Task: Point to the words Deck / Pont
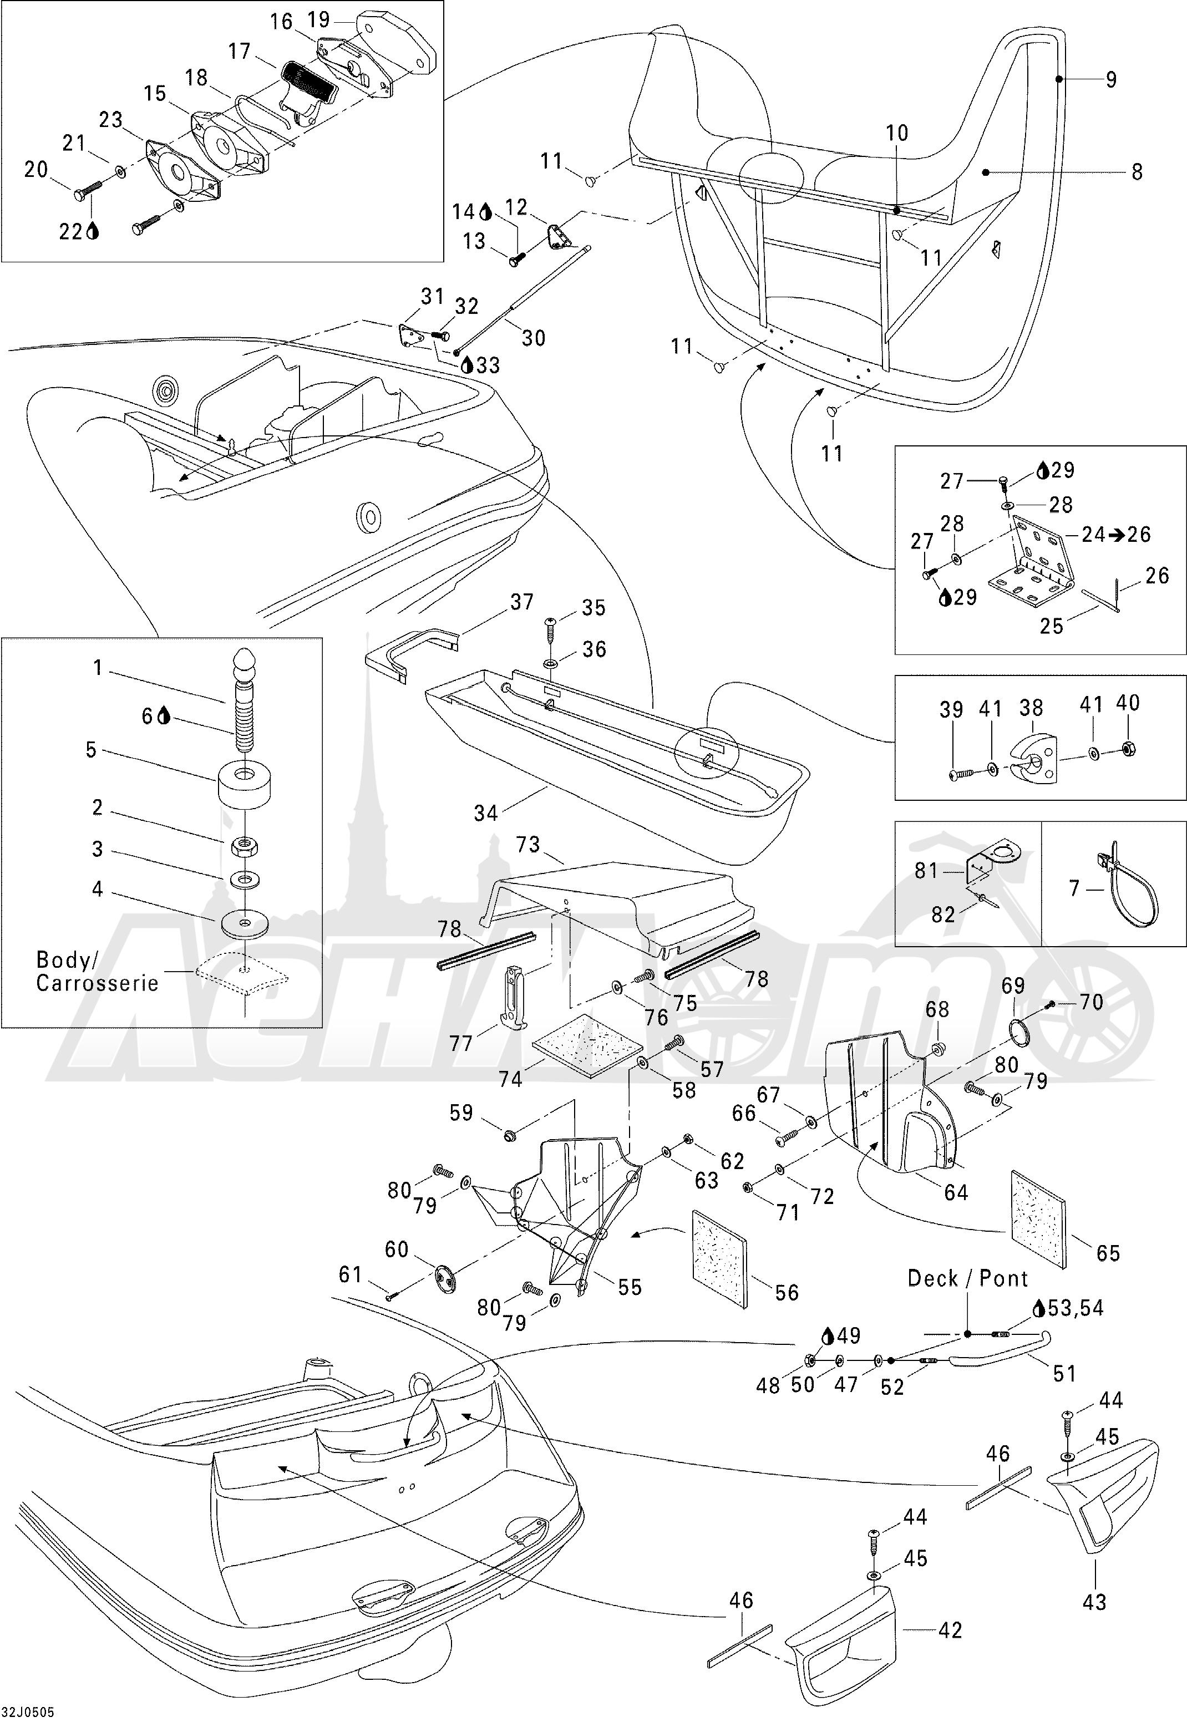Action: (x=967, y=1278)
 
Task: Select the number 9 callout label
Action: (x=1110, y=79)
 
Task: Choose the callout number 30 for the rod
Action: (x=533, y=338)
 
